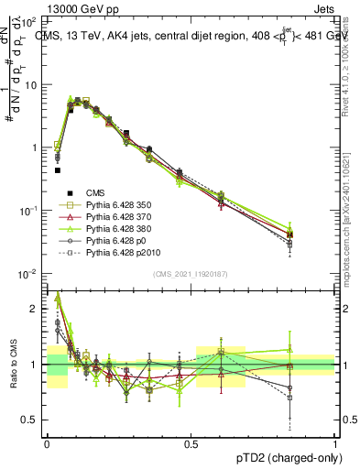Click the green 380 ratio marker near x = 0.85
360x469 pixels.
pyautogui.click(x=289, y=350)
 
